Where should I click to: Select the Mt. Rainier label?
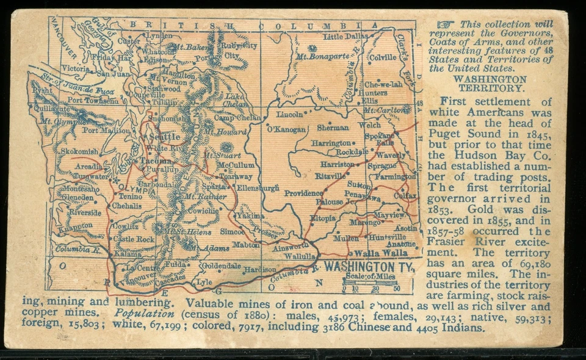(x=206, y=197)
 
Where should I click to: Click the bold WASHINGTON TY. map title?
(x=369, y=267)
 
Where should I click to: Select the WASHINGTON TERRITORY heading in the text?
(x=490, y=84)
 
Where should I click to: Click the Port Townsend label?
(x=93, y=100)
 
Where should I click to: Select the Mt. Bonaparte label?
(x=318, y=57)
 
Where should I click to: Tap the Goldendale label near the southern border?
(x=221, y=266)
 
